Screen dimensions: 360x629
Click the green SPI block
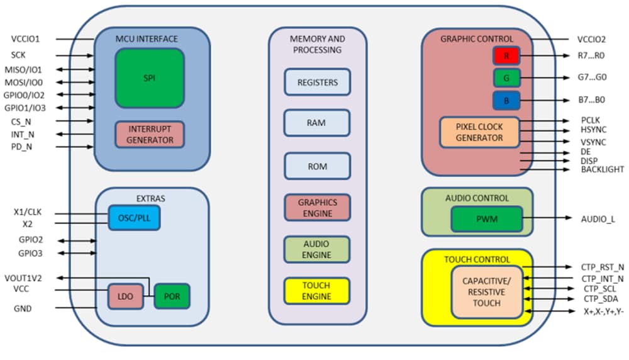click(x=150, y=78)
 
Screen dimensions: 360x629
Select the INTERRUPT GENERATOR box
click(x=150, y=135)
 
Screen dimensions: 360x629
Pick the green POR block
click(x=172, y=296)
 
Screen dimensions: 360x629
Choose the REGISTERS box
click(x=317, y=82)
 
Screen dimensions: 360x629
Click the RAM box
click(x=317, y=123)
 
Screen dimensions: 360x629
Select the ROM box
click(x=317, y=166)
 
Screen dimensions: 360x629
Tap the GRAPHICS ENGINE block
click(x=317, y=208)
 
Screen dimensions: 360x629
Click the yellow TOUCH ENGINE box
click(x=317, y=291)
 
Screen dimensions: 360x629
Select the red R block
click(x=506, y=56)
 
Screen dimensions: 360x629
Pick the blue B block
click(x=506, y=100)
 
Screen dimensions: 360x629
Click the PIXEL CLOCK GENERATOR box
click(x=480, y=132)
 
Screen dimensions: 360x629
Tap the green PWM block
click(x=487, y=219)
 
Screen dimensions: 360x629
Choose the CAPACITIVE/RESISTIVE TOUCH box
click(x=486, y=291)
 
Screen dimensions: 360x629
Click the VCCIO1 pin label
click(x=25, y=38)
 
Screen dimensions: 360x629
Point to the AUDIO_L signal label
click(x=598, y=219)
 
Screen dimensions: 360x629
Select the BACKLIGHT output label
click(x=603, y=169)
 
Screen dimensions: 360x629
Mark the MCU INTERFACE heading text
click(x=147, y=39)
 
